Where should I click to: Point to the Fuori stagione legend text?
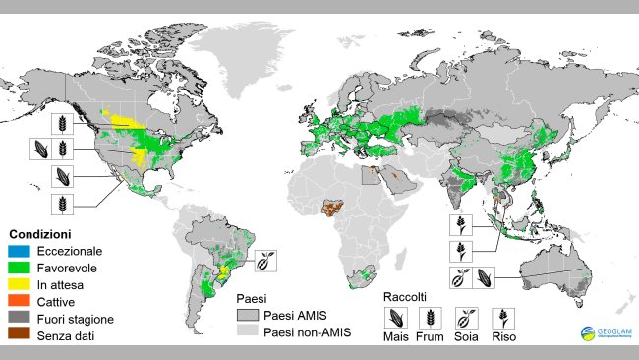74,319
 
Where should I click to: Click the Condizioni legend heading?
39,235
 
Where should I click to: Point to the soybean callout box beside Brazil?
267,261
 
